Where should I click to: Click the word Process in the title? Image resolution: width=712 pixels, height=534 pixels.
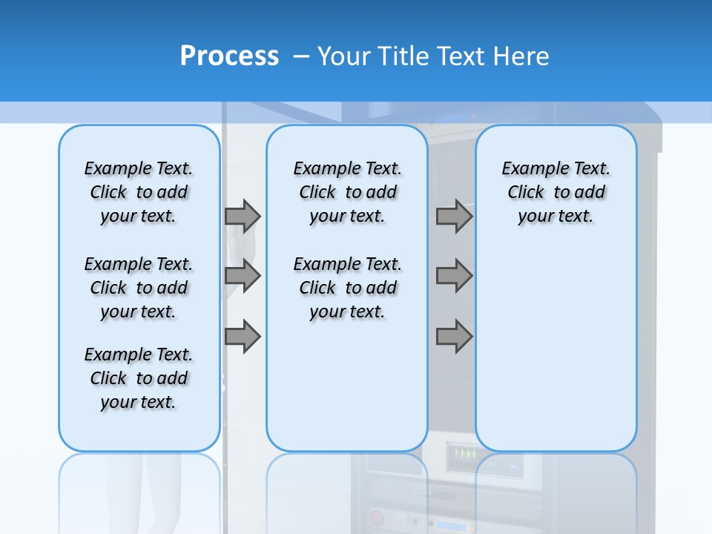(229, 56)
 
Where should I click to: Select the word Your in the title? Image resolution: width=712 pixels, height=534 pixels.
(345, 56)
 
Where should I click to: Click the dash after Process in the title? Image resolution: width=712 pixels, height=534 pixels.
(301, 57)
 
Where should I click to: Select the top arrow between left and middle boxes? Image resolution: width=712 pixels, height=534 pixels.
(243, 216)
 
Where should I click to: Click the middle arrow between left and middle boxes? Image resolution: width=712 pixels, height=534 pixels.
(243, 276)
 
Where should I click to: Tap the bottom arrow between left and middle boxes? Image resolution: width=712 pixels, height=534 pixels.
(243, 337)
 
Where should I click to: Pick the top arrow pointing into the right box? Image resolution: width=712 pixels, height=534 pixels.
(454, 216)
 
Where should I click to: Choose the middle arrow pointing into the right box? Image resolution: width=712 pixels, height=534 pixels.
(454, 276)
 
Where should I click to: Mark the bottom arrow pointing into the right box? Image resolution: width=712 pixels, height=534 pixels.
(454, 337)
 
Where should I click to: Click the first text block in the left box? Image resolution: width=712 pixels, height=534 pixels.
(139, 192)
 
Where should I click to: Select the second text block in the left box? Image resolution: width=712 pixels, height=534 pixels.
(139, 288)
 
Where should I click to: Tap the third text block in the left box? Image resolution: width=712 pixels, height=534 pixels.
(139, 378)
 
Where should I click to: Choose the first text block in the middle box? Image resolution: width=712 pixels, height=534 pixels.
(347, 192)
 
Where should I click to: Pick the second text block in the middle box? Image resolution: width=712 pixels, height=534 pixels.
(347, 288)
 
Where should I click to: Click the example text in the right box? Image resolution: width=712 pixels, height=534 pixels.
(556, 192)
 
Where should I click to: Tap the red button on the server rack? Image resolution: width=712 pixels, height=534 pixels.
(378, 518)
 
